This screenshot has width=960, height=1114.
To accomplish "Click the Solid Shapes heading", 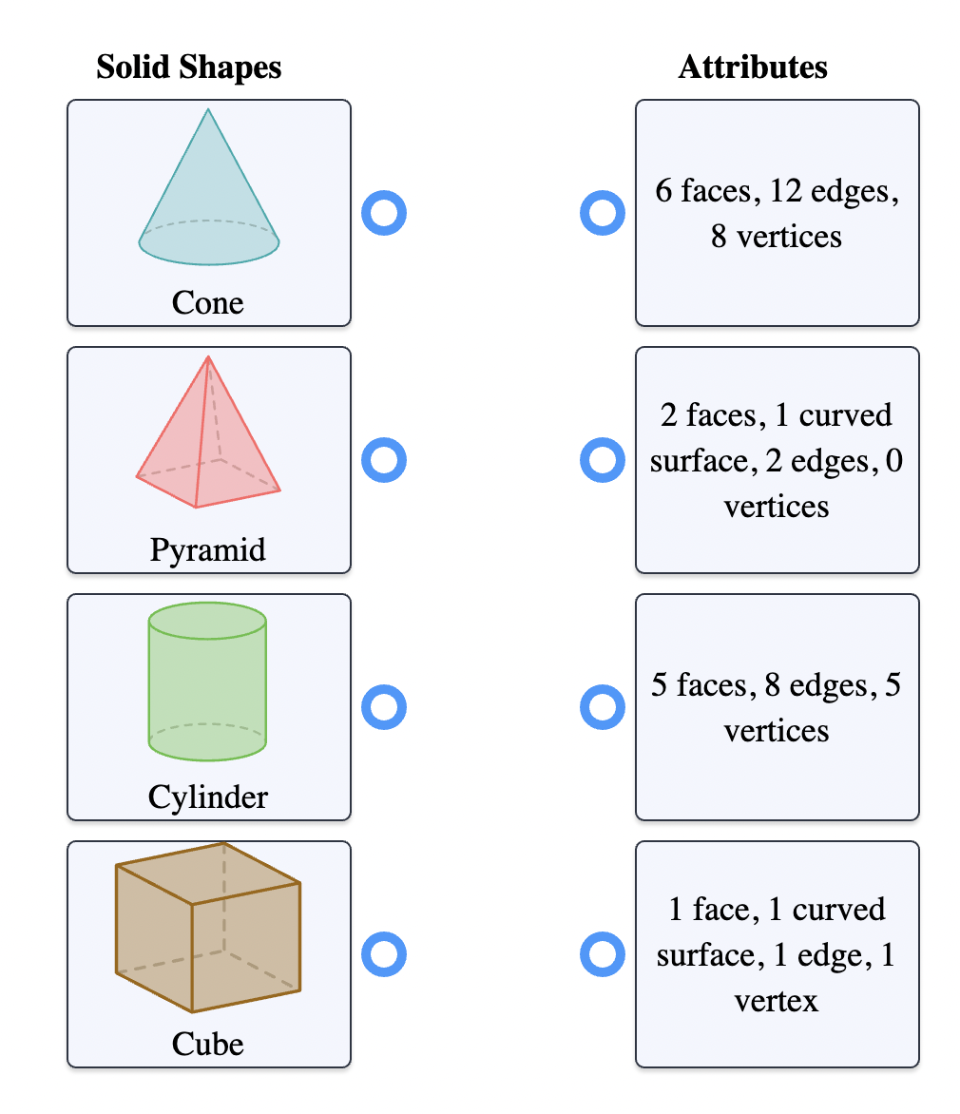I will [189, 67].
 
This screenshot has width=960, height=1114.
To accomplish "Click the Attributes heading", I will [753, 67].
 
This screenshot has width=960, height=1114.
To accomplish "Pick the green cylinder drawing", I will [207, 682].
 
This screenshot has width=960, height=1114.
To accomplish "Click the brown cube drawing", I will [208, 927].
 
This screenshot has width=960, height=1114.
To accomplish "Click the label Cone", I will [208, 303].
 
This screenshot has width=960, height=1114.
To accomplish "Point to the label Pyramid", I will [208, 549].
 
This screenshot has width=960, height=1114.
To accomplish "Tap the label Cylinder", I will [208, 797].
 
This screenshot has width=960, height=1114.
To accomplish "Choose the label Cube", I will [208, 1044].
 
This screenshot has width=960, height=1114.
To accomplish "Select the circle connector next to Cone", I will [384, 213].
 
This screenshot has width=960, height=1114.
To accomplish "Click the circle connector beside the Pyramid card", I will [384, 460].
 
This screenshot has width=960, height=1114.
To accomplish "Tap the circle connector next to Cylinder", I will [384, 707].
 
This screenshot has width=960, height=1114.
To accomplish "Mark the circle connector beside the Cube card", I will [384, 954].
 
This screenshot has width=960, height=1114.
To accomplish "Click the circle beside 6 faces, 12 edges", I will [602, 213].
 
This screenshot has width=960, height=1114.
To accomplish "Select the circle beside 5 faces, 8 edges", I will [602, 707].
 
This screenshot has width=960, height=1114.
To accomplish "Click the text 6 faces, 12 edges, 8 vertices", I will [777, 213].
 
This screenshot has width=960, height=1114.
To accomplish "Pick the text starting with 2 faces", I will [777, 460].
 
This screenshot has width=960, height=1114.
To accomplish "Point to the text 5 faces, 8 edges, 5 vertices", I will [777, 707].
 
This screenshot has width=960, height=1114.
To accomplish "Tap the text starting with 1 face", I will [777, 954].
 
